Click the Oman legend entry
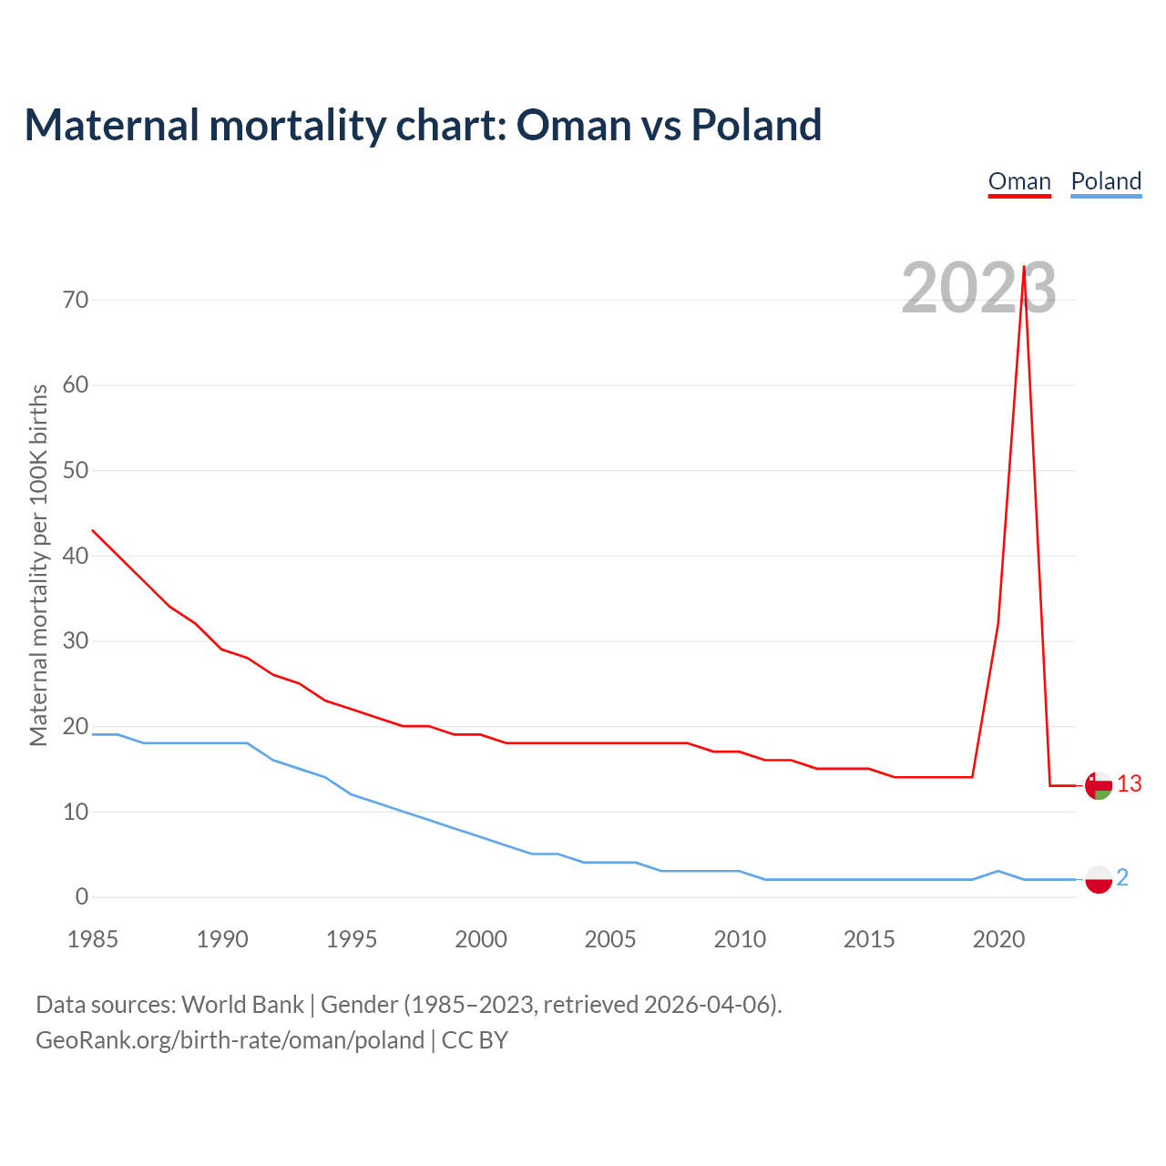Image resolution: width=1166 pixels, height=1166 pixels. pyautogui.click(x=1019, y=181)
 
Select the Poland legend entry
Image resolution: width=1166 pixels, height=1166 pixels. pyautogui.click(x=1106, y=181)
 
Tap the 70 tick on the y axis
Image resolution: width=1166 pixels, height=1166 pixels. pyautogui.click(x=76, y=300)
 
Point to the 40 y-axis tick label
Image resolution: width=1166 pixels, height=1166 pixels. pyautogui.click(x=76, y=556)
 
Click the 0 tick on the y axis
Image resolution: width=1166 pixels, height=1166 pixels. pyautogui.click(x=82, y=896)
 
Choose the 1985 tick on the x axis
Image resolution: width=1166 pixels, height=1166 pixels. pyautogui.click(x=93, y=939)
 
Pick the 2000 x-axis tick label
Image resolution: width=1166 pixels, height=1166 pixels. pyautogui.click(x=481, y=939)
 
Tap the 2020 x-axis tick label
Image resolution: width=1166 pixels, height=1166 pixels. pyautogui.click(x=998, y=939)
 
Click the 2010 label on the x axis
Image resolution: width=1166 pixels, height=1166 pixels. pyautogui.click(x=740, y=939)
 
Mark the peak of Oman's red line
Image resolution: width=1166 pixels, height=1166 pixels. pyautogui.click(x=1024, y=267)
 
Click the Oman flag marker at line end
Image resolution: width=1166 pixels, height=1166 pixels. pyautogui.click(x=1099, y=785)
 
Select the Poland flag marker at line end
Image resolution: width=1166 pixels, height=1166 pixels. pyautogui.click(x=1099, y=879)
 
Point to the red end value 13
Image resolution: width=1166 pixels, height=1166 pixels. pyautogui.click(x=1130, y=783)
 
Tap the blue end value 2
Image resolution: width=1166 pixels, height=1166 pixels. pyautogui.click(x=1122, y=877)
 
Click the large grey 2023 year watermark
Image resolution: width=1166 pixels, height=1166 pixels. pyautogui.click(x=978, y=288)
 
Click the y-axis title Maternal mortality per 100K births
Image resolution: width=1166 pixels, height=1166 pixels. pyautogui.click(x=38, y=565)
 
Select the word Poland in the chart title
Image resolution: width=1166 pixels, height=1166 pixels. pyautogui.click(x=756, y=125)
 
